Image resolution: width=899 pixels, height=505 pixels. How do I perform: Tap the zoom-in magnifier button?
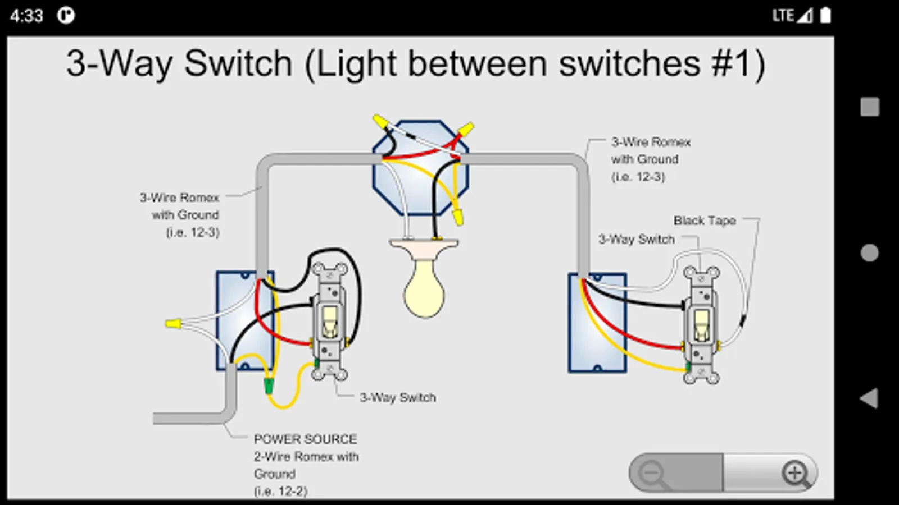pyautogui.click(x=795, y=473)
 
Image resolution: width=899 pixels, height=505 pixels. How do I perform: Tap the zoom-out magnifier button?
pyautogui.click(x=653, y=473)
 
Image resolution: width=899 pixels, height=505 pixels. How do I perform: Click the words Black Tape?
pyautogui.click(x=705, y=221)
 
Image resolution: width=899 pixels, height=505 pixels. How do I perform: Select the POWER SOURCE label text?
pyautogui.click(x=305, y=439)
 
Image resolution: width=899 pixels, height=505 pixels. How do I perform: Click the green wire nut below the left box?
pyautogui.click(x=269, y=385)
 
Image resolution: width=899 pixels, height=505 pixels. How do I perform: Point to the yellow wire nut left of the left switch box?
pyautogui.click(x=172, y=323)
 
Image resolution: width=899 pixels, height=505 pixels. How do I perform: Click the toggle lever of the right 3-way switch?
pyautogui.click(x=701, y=324)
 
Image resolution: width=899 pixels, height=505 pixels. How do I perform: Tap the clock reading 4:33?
pyautogui.click(x=26, y=16)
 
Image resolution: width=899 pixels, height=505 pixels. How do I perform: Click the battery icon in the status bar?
pyautogui.click(x=825, y=15)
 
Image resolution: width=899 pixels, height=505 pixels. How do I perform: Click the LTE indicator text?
pyautogui.click(x=783, y=15)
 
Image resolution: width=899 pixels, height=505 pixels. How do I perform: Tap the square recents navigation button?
pyautogui.click(x=870, y=107)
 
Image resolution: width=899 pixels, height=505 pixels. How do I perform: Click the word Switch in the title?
pyautogui.click(x=238, y=63)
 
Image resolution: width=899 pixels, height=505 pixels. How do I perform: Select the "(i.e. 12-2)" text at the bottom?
pyautogui.click(x=280, y=491)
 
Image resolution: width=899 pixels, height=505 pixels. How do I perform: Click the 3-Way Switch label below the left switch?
pyautogui.click(x=398, y=397)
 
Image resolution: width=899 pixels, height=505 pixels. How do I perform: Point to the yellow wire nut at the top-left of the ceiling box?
pyautogui.click(x=380, y=121)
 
